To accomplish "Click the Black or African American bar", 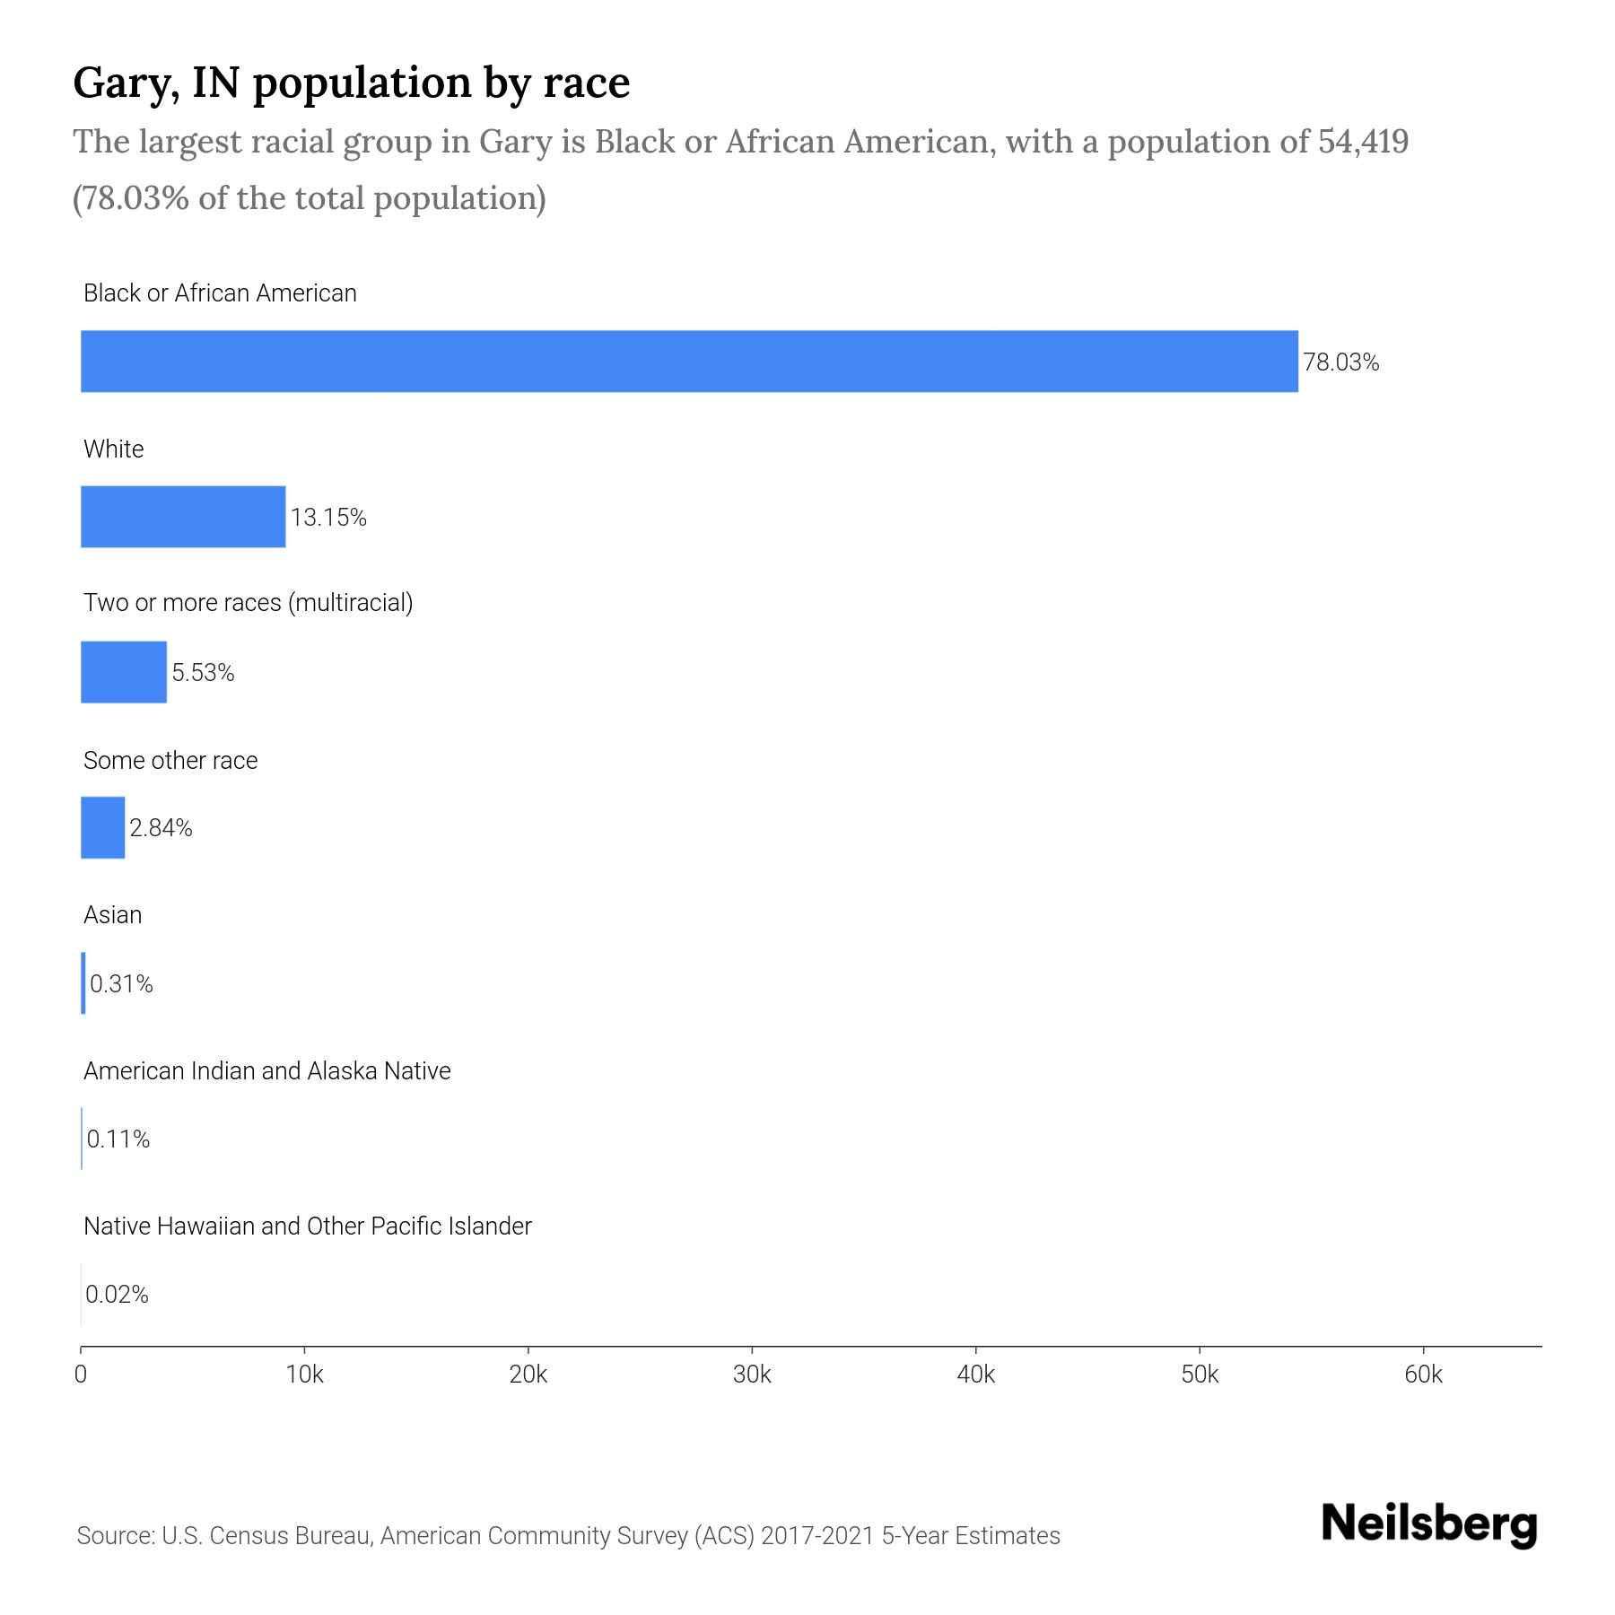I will [x=689, y=362].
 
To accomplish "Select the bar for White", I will [x=183, y=517].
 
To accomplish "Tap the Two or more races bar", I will [x=124, y=672].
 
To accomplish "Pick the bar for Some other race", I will [x=103, y=827].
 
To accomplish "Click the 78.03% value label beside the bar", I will [x=1340, y=362].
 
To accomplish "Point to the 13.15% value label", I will [x=328, y=518].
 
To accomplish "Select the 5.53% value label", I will [x=203, y=673].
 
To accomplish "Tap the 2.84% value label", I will [x=161, y=828].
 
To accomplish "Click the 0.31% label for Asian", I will [x=121, y=984].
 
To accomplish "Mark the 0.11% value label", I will [x=118, y=1139].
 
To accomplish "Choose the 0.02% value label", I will [x=117, y=1295].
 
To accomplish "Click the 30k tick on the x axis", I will [x=752, y=1375].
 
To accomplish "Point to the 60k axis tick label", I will [x=1423, y=1375].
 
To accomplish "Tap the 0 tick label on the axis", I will [x=81, y=1375].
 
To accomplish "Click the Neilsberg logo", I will [x=1429, y=1524].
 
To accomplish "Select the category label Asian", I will [x=112, y=915].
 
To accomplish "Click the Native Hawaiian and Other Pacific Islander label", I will [x=307, y=1227].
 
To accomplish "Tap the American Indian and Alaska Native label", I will [x=266, y=1071].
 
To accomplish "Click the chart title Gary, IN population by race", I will [x=352, y=83].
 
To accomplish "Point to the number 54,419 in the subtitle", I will [x=1363, y=142].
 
